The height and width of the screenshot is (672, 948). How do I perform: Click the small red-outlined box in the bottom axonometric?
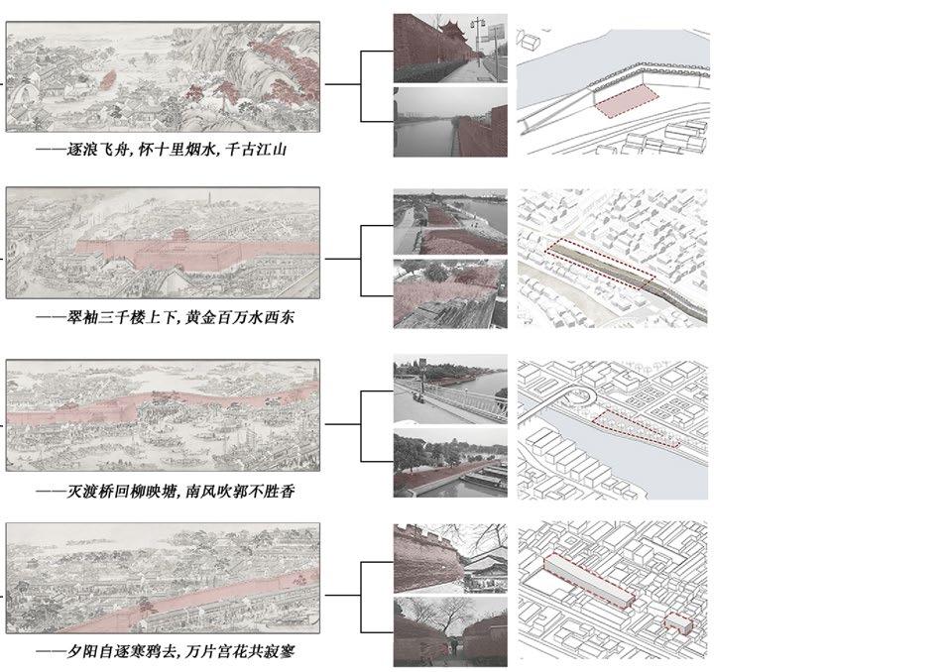678,622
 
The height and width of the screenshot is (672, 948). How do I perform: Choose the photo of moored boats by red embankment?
449,466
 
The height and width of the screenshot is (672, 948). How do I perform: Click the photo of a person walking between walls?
449,631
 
